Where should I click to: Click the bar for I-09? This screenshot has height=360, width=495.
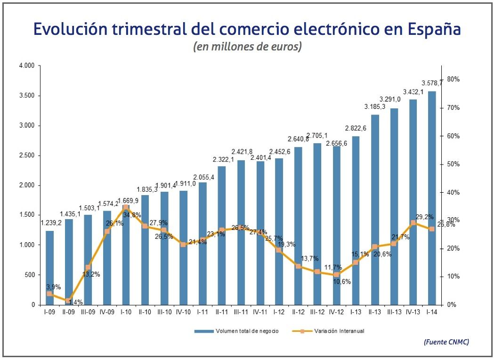(x=49, y=268)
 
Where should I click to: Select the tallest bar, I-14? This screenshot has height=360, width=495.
(x=431, y=198)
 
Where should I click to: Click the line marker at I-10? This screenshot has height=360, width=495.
(x=126, y=207)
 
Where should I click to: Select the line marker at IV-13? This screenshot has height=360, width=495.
(x=413, y=223)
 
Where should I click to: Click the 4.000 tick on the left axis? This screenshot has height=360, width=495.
(x=27, y=66)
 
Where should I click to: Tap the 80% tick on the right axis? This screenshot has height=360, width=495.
(x=453, y=79)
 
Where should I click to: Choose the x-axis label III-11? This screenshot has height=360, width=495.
(x=241, y=312)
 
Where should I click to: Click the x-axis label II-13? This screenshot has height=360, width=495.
(x=375, y=312)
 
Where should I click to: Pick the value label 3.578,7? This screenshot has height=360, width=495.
(x=432, y=83)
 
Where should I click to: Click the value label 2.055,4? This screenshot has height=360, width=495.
(x=203, y=177)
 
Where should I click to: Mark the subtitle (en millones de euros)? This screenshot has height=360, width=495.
(x=247, y=47)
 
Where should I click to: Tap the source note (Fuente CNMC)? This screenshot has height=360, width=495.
(x=446, y=342)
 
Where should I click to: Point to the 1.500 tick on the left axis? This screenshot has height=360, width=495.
(x=27, y=215)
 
